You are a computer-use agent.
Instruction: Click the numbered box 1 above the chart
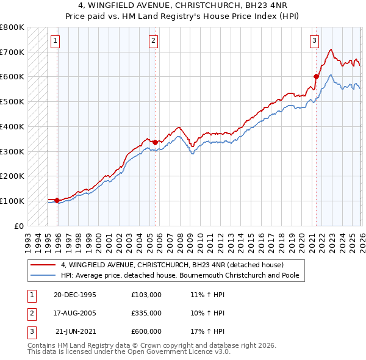55,41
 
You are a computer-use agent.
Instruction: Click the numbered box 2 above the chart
152,41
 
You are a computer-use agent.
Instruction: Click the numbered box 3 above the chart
314,41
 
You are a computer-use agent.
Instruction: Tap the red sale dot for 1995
57,200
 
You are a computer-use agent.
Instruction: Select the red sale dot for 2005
155,142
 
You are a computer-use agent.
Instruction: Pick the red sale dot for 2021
316,76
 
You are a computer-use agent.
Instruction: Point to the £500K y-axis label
12,101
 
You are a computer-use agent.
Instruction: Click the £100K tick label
12,201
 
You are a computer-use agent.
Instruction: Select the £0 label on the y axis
19,226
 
